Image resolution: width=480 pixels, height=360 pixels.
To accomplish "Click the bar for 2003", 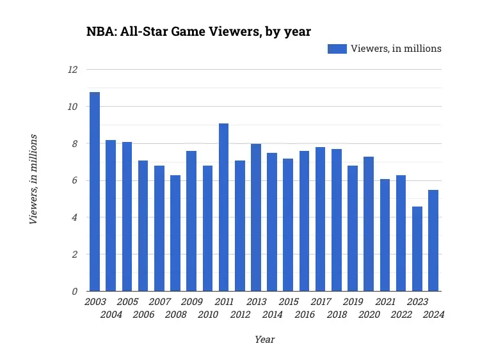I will [95, 192].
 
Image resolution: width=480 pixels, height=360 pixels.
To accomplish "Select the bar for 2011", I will [223, 207].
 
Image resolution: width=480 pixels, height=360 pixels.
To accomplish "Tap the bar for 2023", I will [417, 249].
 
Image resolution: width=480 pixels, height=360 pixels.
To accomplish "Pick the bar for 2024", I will [433, 240].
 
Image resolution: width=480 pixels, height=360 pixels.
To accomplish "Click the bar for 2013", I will [256, 217].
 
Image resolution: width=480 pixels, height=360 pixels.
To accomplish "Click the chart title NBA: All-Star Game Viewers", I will [198, 31].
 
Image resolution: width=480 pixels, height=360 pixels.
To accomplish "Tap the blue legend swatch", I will [337, 49].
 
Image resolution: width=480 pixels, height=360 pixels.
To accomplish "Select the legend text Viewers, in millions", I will [396, 49].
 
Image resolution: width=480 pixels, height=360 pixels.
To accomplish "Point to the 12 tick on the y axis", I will [72, 69].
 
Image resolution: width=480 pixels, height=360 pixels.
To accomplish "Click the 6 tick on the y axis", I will [74, 181].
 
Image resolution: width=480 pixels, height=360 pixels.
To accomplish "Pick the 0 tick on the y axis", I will [74, 292].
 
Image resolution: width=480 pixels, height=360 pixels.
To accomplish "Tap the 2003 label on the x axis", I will [95, 302].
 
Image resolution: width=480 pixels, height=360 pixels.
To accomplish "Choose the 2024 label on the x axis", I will [433, 315].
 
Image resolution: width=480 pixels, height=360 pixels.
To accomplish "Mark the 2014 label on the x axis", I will [272, 315].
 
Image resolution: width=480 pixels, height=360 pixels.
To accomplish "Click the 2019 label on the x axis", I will [353, 302].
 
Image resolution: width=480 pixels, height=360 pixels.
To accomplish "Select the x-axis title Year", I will [264, 340].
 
